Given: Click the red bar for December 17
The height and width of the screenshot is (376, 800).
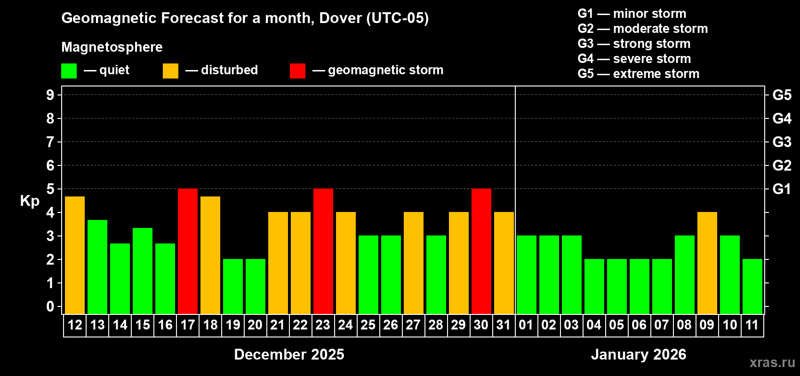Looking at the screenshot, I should (x=188, y=251).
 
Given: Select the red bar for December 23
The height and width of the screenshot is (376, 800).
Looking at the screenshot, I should (x=323, y=251).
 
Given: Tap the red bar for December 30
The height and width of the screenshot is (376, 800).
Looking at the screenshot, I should (x=481, y=251).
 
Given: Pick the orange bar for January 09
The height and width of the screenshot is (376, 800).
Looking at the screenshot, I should (x=707, y=263).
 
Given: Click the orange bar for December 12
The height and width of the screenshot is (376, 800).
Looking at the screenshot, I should (x=75, y=255).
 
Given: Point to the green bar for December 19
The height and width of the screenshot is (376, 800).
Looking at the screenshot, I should (x=233, y=286).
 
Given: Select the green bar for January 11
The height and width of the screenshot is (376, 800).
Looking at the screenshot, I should (x=752, y=286).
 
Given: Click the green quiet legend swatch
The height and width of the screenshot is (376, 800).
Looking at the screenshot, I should (x=69, y=71).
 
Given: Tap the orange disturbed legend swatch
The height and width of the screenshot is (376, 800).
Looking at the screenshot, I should (x=170, y=71).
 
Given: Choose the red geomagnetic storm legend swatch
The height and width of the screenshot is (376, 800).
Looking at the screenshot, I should (x=297, y=71).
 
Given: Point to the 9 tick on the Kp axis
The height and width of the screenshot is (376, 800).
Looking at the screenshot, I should (x=50, y=95).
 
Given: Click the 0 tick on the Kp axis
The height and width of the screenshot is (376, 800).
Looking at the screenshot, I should (x=50, y=307).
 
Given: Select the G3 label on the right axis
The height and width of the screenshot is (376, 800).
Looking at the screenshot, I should (x=782, y=142).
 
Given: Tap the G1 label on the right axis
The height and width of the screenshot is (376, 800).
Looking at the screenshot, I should (x=782, y=189).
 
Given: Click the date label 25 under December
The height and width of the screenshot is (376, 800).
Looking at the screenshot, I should (x=368, y=325).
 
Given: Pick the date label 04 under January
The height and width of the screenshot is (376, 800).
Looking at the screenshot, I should (x=594, y=325).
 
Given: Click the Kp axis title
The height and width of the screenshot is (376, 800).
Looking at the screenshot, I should (x=30, y=201).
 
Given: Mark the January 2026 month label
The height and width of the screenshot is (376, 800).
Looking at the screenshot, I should (x=639, y=354).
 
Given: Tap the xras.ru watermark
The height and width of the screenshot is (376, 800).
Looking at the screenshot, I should (x=772, y=362).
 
